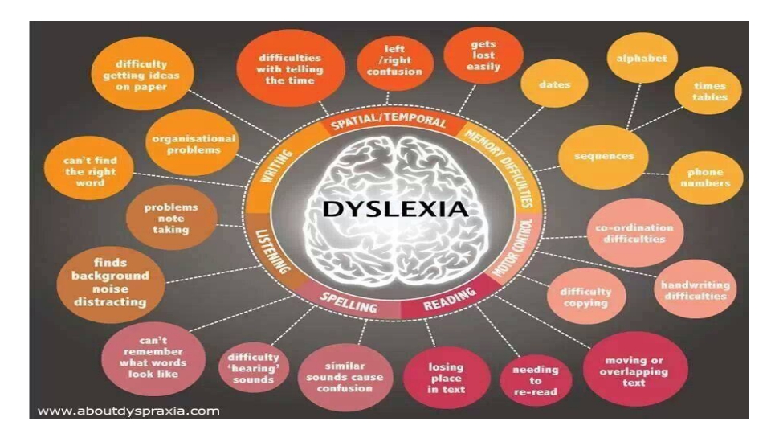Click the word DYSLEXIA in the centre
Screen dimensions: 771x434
[x=395, y=209]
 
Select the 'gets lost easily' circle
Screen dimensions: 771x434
[x=483, y=55]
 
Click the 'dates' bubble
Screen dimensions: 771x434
[x=554, y=84]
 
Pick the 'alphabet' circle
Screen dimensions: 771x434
[x=642, y=58]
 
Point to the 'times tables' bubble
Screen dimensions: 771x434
[x=709, y=91]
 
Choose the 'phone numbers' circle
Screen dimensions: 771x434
[x=706, y=178]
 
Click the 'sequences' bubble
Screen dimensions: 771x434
[x=603, y=157]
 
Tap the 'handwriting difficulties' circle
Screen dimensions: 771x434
[x=696, y=289]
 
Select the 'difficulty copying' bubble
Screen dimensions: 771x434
[x=586, y=297]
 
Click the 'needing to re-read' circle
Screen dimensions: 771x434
[x=536, y=380]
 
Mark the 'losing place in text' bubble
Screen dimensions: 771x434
[x=447, y=378]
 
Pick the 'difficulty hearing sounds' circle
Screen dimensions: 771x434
[x=254, y=368]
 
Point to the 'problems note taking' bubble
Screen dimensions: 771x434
[x=171, y=218]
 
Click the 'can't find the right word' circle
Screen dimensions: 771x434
[x=89, y=171]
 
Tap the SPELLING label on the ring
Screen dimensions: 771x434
[x=348, y=302]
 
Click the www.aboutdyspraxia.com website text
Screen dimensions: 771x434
[x=128, y=411]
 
